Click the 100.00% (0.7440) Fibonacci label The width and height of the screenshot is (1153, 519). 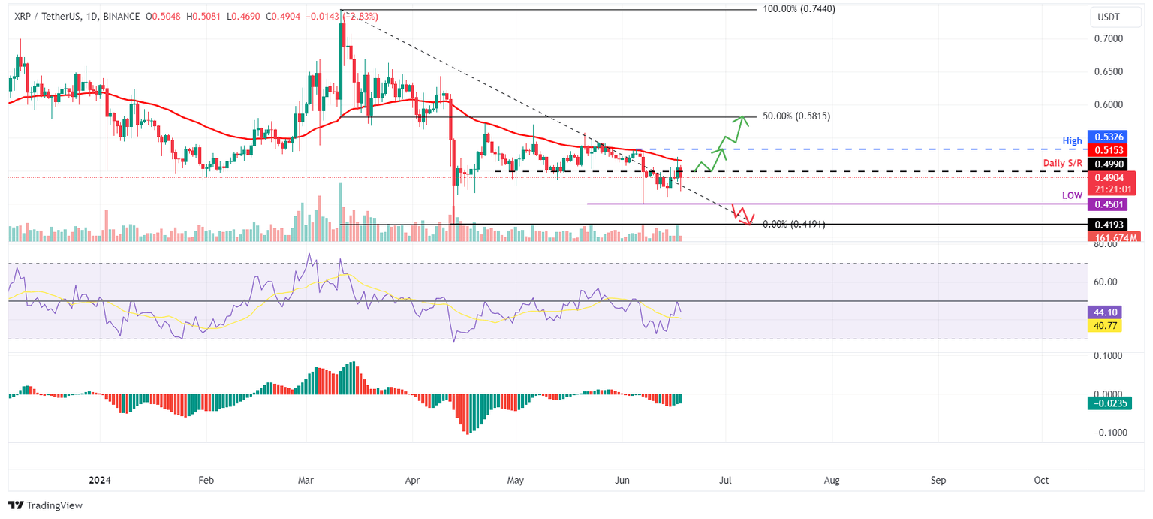click(x=798, y=9)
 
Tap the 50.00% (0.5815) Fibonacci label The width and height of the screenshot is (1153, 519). click(x=796, y=116)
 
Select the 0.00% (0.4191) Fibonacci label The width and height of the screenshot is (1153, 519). click(x=793, y=224)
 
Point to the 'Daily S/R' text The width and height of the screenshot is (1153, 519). click(x=1062, y=163)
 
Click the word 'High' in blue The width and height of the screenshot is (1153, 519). click(x=1072, y=141)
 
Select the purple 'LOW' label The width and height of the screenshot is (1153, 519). click(x=1071, y=195)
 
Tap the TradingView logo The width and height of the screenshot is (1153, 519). click(x=45, y=505)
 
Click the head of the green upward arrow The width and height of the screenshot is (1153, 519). click(x=742, y=118)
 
